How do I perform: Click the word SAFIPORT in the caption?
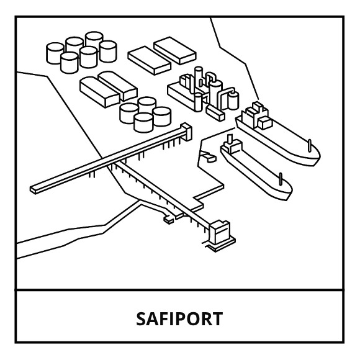click(179, 318)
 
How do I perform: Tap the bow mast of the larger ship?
click(310, 145)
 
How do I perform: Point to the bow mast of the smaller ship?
click(281, 179)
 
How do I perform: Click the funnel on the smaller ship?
click(230, 139)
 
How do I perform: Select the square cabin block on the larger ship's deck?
click(265, 123)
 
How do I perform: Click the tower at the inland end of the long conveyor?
click(186, 132)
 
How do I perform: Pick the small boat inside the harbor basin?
click(208, 156)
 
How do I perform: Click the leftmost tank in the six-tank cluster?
click(55, 53)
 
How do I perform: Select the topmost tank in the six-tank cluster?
click(94, 40)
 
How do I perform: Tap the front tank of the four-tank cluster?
click(143, 122)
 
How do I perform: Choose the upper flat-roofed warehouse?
click(175, 50)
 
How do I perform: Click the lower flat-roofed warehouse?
click(149, 60)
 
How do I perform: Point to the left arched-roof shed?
click(100, 92)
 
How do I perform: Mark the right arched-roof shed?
click(118, 86)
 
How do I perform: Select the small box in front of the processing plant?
click(215, 113)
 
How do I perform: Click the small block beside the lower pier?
click(169, 220)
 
